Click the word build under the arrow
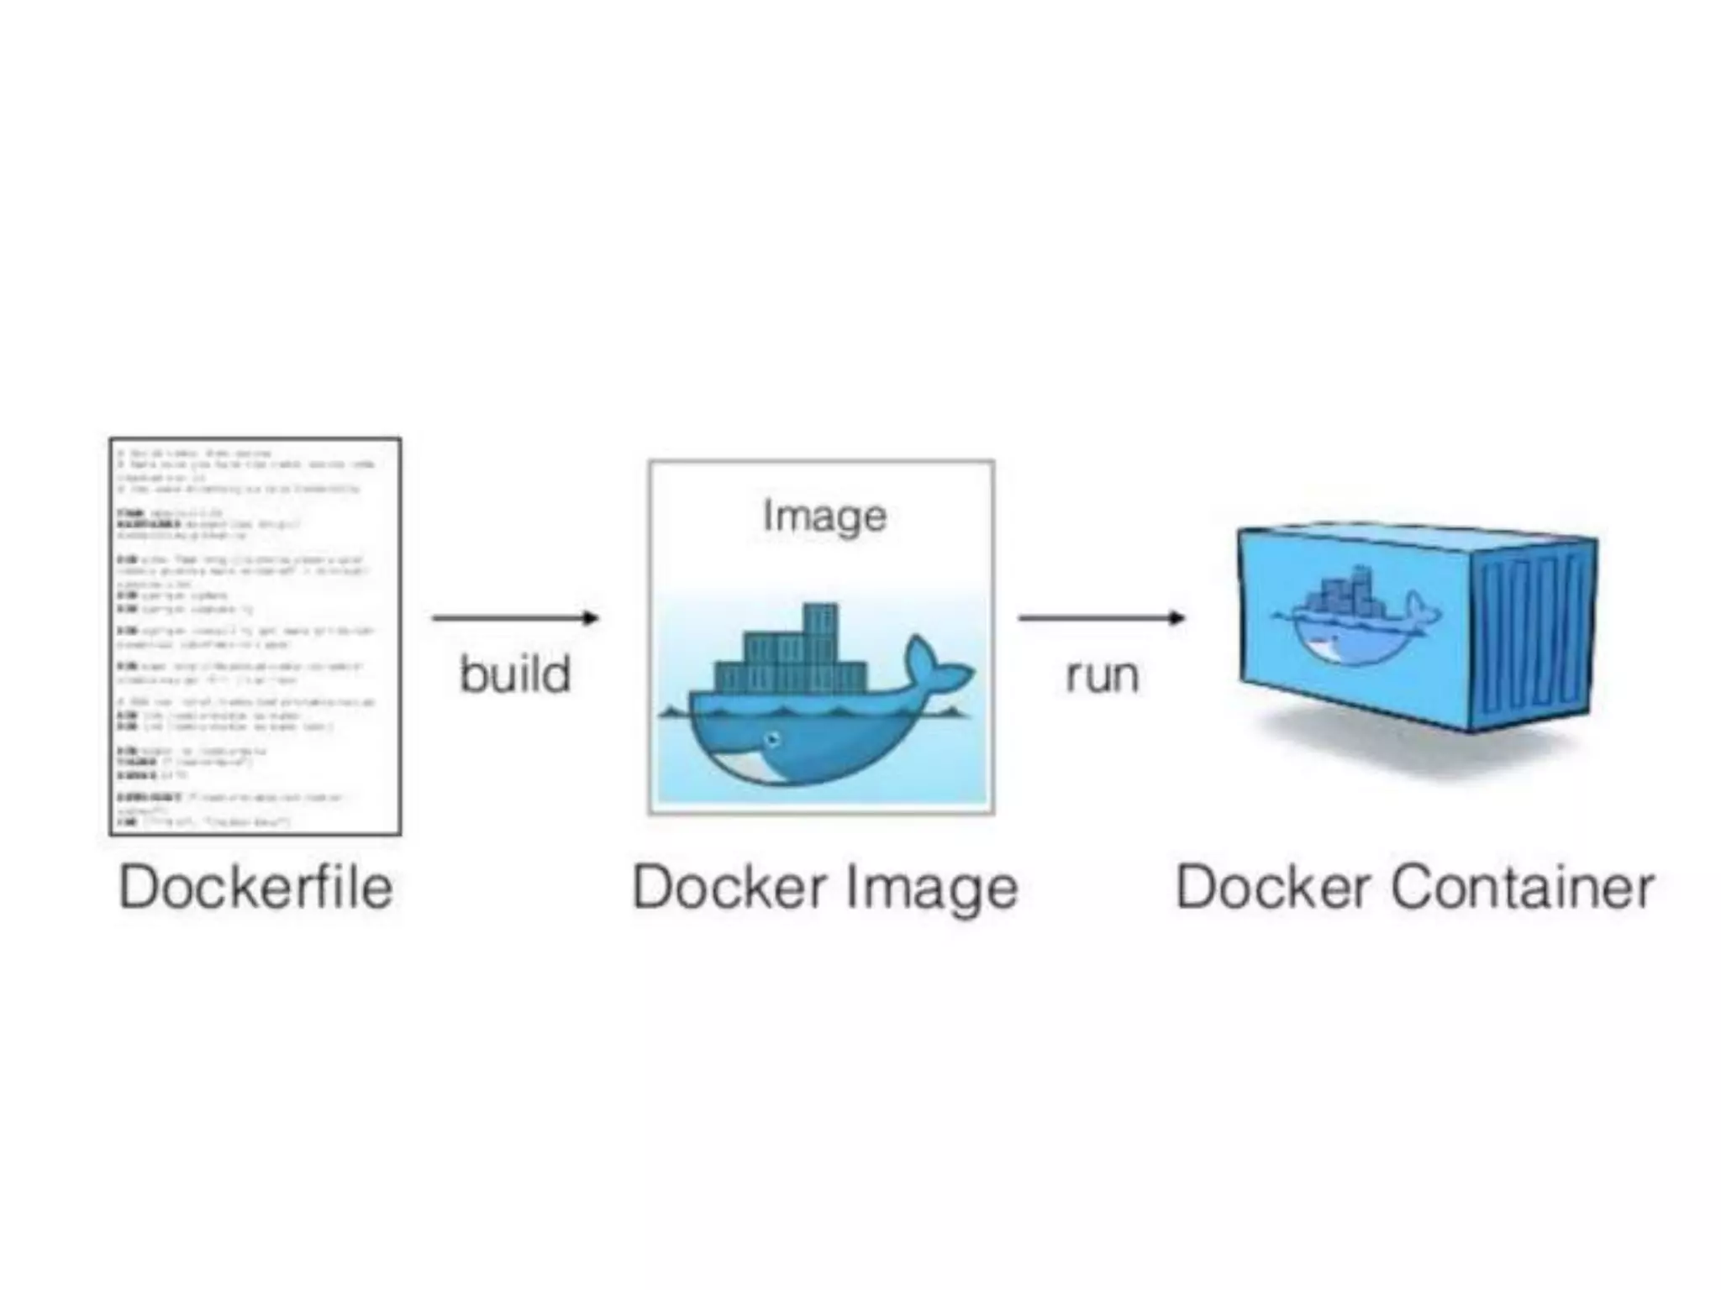[x=515, y=674]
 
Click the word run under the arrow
[x=1102, y=675]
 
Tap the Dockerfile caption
[x=255, y=887]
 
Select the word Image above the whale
[x=824, y=515]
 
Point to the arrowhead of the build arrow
[x=592, y=618]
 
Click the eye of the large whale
[x=772, y=739]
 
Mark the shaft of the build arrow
[x=504, y=618]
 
